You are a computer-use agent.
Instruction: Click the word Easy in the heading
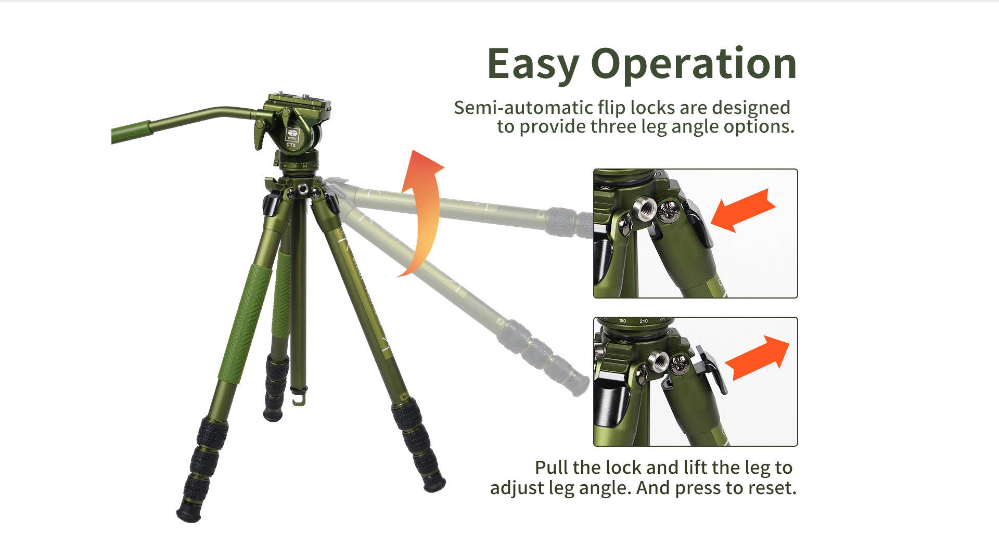coord(533,64)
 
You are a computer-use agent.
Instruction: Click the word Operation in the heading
coord(694,64)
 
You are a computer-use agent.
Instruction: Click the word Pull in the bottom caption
coord(552,467)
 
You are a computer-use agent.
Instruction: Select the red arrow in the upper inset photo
coord(743,210)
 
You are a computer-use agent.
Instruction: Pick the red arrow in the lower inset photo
coord(758,358)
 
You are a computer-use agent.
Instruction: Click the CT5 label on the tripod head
coord(291,145)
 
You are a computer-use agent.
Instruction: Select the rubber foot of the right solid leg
coord(434,484)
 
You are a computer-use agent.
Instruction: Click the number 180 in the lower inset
coord(622,321)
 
